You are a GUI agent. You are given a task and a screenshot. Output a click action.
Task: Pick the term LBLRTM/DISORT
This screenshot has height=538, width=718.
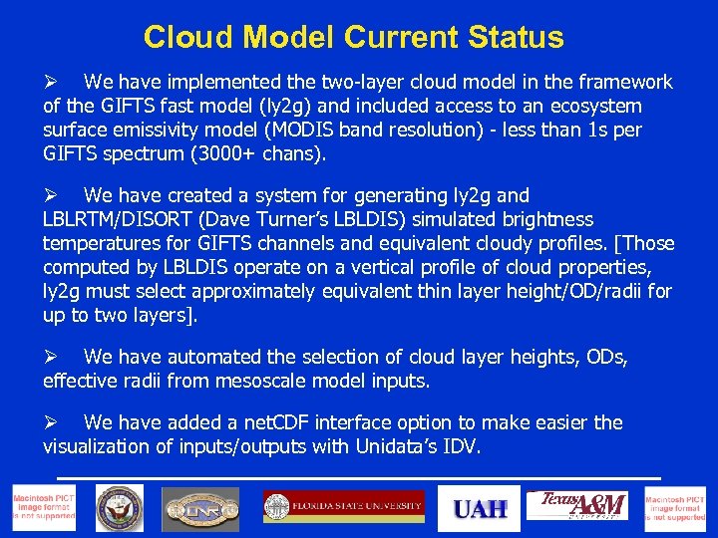(109, 220)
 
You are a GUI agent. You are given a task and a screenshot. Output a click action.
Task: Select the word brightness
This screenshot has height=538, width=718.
(546, 220)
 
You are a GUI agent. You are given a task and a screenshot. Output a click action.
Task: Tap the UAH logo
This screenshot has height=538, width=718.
(481, 508)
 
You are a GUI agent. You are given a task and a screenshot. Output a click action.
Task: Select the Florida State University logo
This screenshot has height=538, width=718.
(344, 507)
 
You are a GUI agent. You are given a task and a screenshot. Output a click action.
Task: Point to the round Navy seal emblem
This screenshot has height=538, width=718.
(120, 508)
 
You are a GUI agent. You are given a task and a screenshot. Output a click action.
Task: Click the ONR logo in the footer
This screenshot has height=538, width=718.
(200, 509)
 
